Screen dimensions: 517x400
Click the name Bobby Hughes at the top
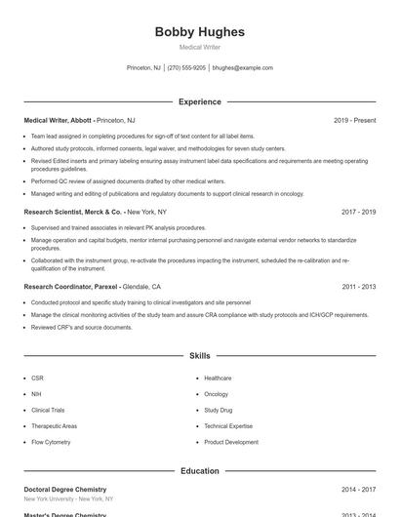point(200,32)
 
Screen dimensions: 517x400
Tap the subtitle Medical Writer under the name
point(200,47)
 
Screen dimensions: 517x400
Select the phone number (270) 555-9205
point(186,68)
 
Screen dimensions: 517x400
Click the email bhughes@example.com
point(243,68)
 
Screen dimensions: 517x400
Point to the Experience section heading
point(200,101)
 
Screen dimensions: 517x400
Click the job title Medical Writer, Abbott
point(59,121)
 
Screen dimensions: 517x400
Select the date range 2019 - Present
point(354,121)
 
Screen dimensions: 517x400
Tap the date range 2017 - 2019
point(358,212)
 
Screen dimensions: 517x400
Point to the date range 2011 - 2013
point(358,288)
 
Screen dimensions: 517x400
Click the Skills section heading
point(200,356)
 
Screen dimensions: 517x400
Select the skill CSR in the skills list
point(37,378)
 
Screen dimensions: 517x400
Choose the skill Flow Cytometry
point(51,442)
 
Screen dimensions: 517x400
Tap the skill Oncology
point(216,394)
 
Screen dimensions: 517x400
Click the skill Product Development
point(231,442)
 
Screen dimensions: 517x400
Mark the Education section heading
point(200,471)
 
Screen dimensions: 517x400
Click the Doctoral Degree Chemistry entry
point(64,490)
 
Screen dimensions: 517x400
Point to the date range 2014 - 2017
point(358,490)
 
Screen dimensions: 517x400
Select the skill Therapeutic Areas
point(54,426)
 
